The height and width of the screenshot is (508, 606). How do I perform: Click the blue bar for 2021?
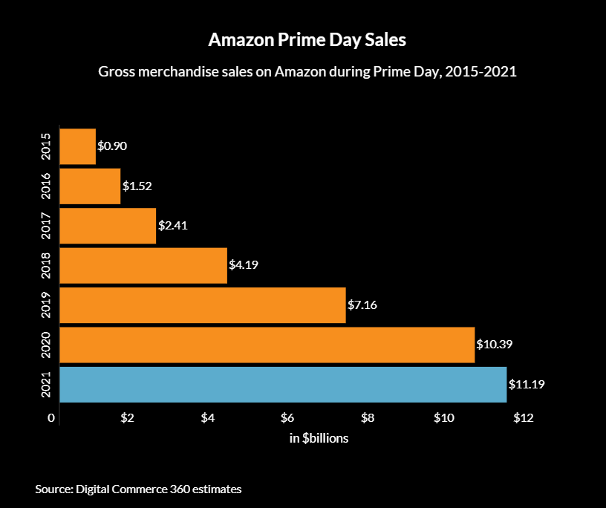coord(282,385)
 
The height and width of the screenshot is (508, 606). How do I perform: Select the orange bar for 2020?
coord(267,345)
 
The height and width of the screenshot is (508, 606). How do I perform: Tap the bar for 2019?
coord(202,305)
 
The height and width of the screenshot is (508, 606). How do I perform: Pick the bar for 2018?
coord(143,265)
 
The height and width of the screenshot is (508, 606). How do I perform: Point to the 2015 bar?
coord(77,146)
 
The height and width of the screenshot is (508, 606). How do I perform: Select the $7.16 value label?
coord(362,305)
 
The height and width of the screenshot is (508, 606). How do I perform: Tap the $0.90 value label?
coord(112,146)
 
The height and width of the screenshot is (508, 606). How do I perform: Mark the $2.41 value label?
coord(173,226)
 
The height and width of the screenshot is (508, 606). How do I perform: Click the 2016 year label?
coord(46,186)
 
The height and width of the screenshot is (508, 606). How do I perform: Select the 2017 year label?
coord(46,226)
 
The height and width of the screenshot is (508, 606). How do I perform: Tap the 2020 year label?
coord(46,345)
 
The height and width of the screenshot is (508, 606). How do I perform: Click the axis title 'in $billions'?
coord(319,438)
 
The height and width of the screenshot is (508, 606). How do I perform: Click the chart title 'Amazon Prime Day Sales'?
coord(307,40)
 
